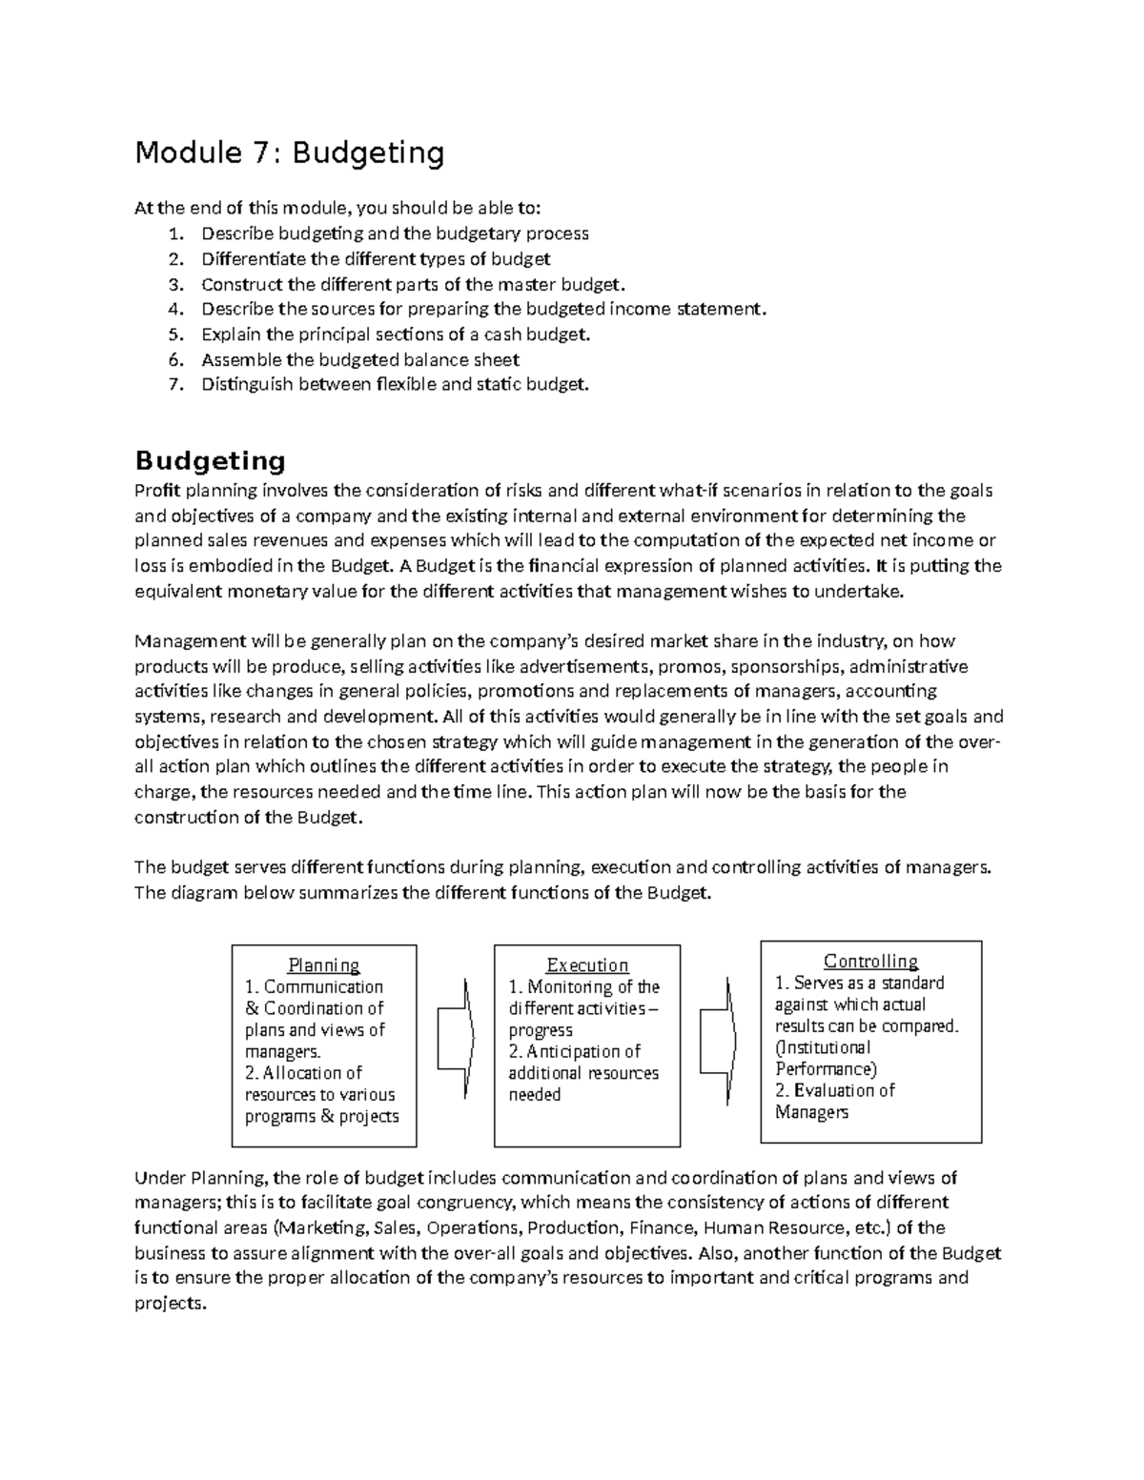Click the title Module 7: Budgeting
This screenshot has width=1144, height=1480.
pos(290,152)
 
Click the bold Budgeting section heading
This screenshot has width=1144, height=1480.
pos(210,461)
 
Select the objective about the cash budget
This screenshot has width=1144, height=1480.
pos(396,335)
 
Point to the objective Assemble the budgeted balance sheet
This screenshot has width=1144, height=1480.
pos(359,359)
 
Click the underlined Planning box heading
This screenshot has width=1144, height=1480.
pos(324,965)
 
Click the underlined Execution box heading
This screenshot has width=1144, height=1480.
pos(587,965)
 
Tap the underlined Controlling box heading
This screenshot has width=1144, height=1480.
pos(870,962)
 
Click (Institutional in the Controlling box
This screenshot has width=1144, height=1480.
pos(823,1047)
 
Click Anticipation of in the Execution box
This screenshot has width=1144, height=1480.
pos(583,1052)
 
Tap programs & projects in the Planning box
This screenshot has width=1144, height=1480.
pos(321,1116)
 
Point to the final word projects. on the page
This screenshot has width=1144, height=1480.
pos(170,1303)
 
